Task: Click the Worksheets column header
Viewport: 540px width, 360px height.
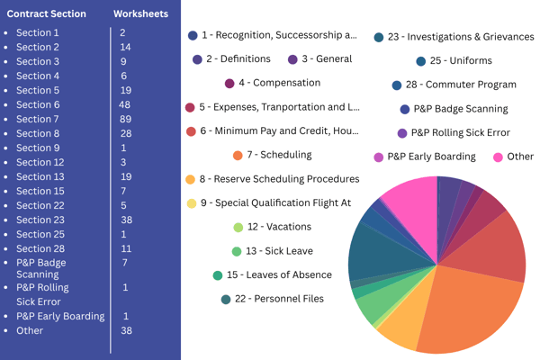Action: click(141, 13)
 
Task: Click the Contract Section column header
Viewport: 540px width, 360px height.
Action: click(47, 13)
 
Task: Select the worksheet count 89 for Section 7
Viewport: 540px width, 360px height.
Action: click(125, 119)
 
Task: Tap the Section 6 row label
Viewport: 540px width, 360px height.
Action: click(38, 104)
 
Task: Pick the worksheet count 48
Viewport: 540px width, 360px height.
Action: click(125, 104)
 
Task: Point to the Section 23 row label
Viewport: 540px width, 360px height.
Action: click(40, 220)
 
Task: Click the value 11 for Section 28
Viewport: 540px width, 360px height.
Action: click(126, 248)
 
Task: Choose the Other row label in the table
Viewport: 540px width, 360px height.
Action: click(30, 330)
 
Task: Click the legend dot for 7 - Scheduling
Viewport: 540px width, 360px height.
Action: click(238, 156)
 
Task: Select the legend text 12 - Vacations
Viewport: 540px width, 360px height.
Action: click(279, 227)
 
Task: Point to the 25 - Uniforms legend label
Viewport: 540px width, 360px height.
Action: click(461, 60)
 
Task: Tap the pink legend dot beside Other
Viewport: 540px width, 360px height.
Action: click(498, 157)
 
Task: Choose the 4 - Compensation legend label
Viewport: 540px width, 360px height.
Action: click(280, 83)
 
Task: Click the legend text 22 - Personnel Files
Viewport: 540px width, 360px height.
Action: click(279, 299)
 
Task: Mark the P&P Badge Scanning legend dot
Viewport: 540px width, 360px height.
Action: click(405, 110)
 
